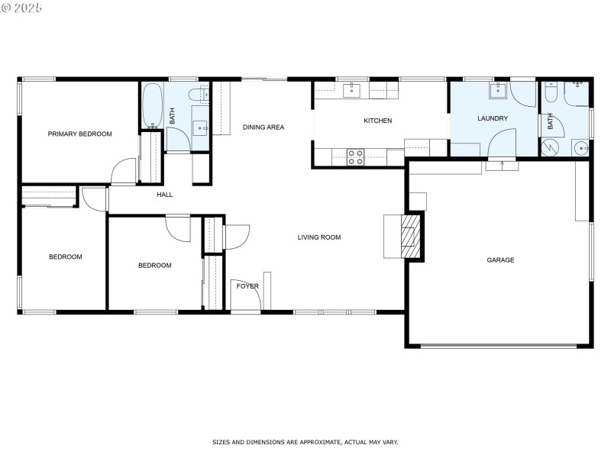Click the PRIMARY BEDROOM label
pos(79,134)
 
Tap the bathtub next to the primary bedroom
pos(151,108)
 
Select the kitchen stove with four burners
pos(356,156)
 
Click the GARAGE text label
pos(500,260)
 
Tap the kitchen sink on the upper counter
pos(351,91)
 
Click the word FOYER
pos(247,286)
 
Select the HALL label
pos(165,195)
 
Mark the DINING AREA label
pos(263,127)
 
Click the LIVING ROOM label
pos(319,237)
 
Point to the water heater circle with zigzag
pos(550,147)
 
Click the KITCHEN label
pos(377,121)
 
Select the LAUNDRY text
pos(493,118)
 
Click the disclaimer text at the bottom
pos(305,442)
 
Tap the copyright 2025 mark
pos(22,8)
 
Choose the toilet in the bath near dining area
pos(201,94)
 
